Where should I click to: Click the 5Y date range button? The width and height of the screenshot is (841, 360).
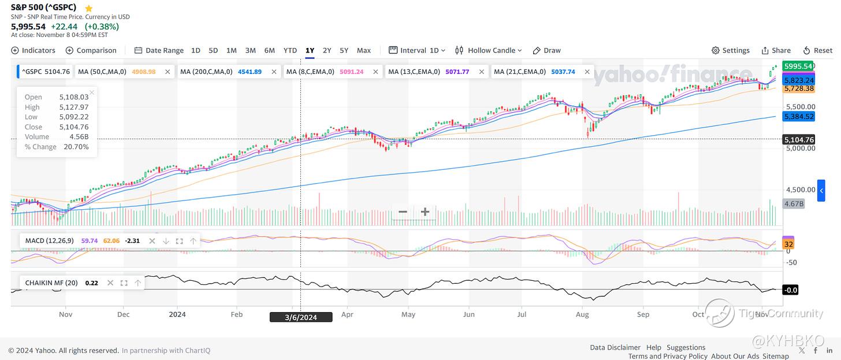point(344,50)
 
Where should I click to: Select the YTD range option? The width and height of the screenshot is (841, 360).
point(290,50)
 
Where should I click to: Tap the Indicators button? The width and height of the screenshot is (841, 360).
point(34,50)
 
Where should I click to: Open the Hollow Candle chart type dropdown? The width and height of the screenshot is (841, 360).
point(489,50)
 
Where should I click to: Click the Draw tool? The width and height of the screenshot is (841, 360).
point(546,50)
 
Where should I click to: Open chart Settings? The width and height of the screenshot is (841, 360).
point(731,50)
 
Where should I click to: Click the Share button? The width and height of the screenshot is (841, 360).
point(776,50)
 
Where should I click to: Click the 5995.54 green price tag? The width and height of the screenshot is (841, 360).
point(798,66)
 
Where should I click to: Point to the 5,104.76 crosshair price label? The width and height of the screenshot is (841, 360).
point(799,139)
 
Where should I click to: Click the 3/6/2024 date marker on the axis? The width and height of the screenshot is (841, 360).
point(301,317)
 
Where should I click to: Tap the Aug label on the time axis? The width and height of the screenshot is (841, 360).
point(582,315)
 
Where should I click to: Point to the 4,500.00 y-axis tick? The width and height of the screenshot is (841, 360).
point(800,190)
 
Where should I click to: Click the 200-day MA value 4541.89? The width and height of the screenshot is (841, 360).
point(250,72)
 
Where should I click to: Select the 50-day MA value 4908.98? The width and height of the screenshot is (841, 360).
point(144,72)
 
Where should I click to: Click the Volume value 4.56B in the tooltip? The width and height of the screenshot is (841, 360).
point(79,137)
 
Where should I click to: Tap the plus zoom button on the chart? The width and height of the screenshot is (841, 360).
point(425,212)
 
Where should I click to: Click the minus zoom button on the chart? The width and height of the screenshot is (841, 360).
point(403,212)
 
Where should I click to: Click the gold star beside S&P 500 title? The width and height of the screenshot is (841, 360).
point(88,8)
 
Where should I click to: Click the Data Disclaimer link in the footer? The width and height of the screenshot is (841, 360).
point(615,347)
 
